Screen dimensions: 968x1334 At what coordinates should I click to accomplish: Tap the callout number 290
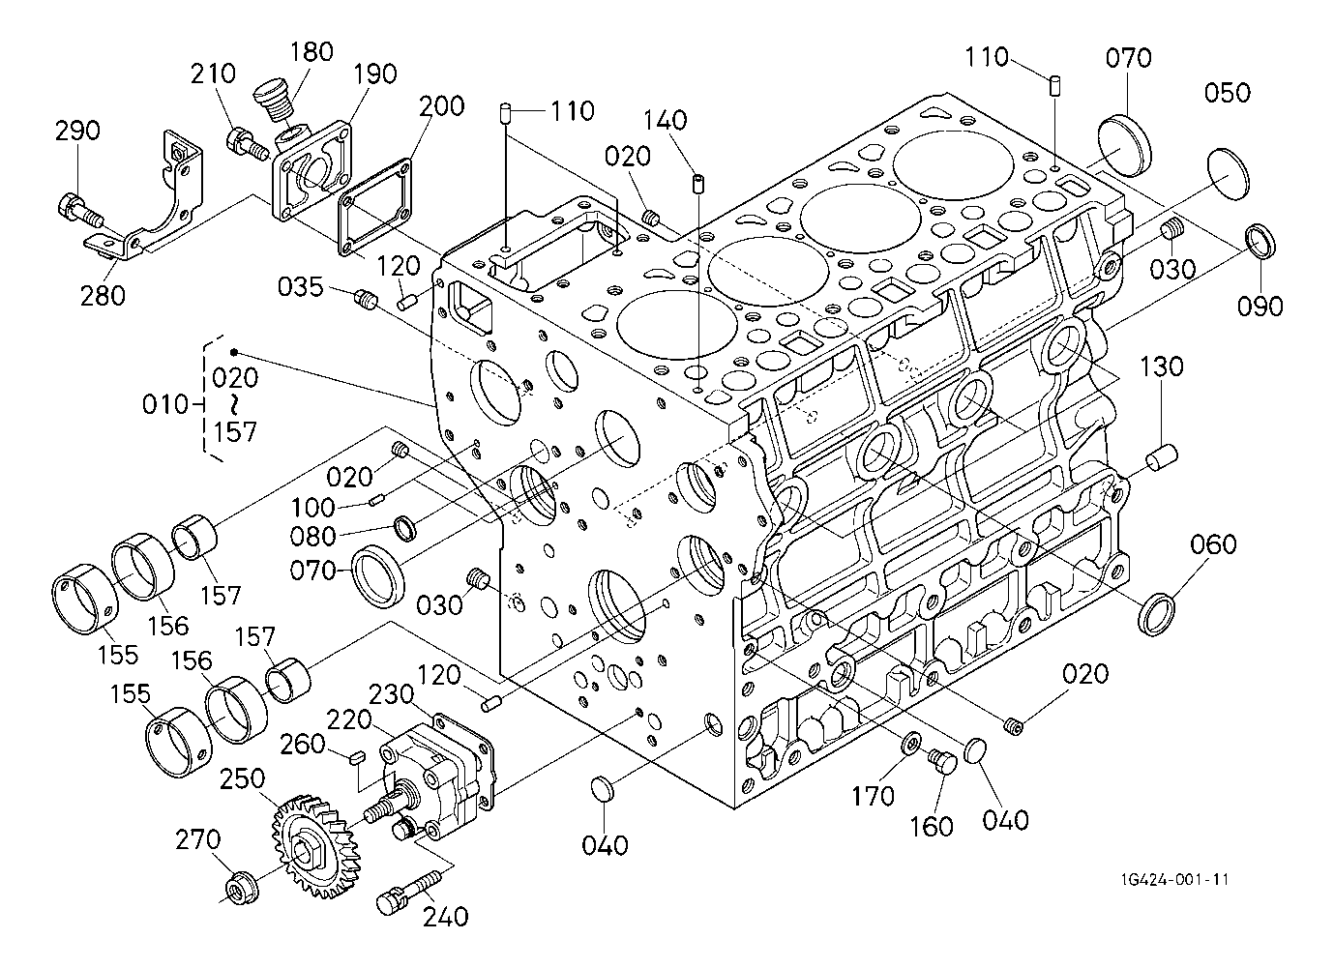click(x=77, y=131)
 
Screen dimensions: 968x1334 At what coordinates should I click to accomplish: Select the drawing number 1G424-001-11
click(x=1174, y=879)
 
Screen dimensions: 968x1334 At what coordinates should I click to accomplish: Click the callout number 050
click(x=1228, y=93)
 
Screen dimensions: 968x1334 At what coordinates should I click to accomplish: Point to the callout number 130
click(x=1162, y=367)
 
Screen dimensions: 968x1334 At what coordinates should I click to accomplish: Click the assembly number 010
click(x=165, y=404)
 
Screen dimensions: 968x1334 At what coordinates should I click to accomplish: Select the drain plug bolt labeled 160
click(x=941, y=763)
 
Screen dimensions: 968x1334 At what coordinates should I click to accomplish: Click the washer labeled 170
click(x=910, y=744)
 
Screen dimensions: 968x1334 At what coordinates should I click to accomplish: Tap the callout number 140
click(x=667, y=121)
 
